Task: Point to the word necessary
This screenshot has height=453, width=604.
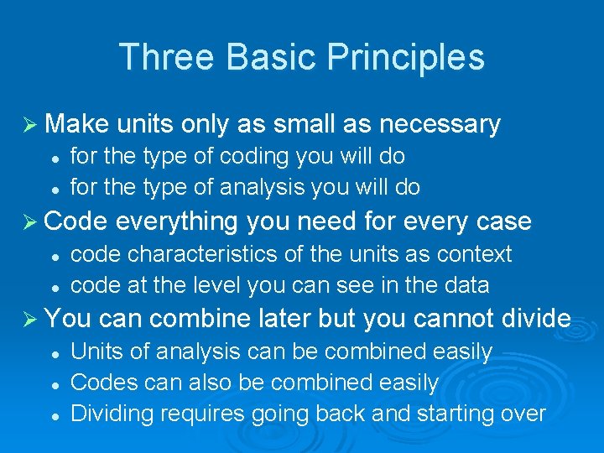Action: (440, 124)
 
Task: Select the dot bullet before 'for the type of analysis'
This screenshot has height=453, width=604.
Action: (52, 188)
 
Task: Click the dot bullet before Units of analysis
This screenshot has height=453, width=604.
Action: (52, 352)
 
